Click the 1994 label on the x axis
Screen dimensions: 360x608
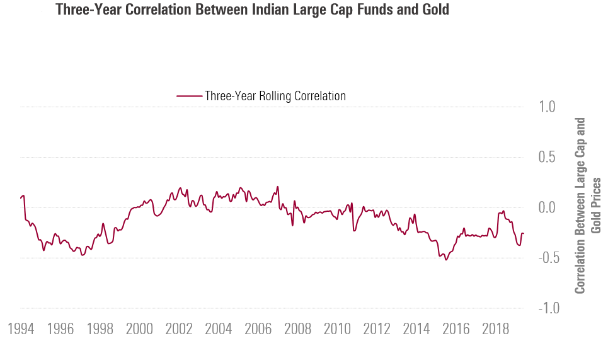coord(21,330)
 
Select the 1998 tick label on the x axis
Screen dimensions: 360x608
coord(100,330)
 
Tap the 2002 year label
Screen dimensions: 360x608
coord(179,330)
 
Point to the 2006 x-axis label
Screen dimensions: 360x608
coord(258,330)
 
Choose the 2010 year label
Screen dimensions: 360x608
coord(337,330)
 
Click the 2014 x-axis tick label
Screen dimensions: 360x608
coord(416,330)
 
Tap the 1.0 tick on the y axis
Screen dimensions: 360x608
coord(547,107)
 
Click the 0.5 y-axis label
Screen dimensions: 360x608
coord(547,158)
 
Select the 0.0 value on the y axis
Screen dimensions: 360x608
coord(547,207)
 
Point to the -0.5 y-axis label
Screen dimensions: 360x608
coord(544,258)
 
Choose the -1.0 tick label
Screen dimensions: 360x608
coord(544,308)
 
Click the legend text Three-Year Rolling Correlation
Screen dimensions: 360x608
coord(275,96)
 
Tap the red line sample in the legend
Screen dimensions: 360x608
coord(188,96)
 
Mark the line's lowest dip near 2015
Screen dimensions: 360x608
coord(446,259)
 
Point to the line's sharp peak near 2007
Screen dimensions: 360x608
coord(278,187)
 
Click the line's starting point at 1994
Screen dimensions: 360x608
coord(21,199)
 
